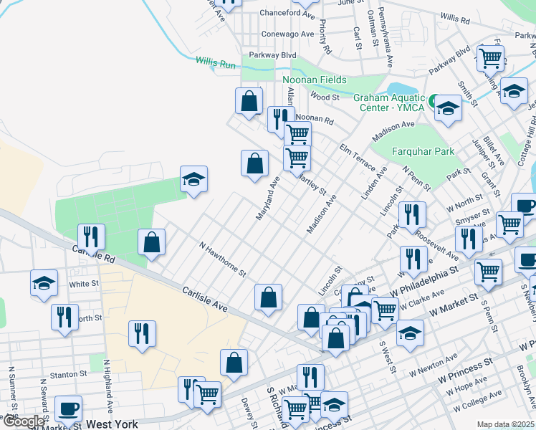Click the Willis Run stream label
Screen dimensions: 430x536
click(216, 64)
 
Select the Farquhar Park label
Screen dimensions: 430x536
click(423, 152)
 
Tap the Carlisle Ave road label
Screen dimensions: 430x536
click(204, 299)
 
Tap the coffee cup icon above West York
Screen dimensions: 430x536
click(68, 408)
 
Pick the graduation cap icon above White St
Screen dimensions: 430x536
click(44, 282)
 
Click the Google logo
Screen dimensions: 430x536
click(23, 422)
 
